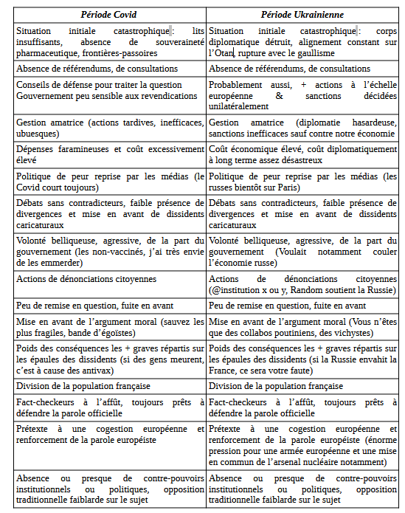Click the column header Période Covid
(x=109, y=15)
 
